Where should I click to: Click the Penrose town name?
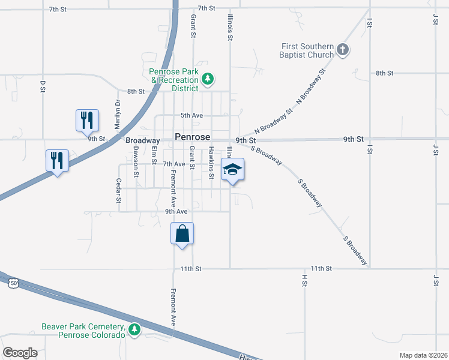coord(192,137)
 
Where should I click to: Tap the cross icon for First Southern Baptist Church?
coord(343,49)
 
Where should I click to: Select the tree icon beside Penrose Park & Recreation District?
coord(208,79)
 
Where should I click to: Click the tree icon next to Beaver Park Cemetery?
coord(134,329)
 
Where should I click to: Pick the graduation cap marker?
coord(232,170)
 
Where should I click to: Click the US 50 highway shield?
coord(14,282)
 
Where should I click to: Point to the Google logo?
coord(20,353)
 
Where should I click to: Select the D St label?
coord(43,86)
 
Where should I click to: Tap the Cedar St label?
coord(119,190)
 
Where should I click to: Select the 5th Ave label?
coord(192,115)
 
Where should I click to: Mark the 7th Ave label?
coord(174,164)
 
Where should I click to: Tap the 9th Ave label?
coord(176,211)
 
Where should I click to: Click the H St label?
coord(304,280)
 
